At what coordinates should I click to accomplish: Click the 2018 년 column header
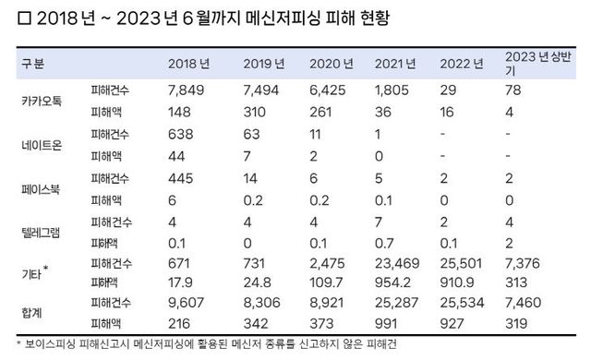[x=189, y=64]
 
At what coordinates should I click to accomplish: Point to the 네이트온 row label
[x=42, y=144]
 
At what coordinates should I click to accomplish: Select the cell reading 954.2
[x=392, y=280]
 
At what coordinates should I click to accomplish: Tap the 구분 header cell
[x=31, y=64]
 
